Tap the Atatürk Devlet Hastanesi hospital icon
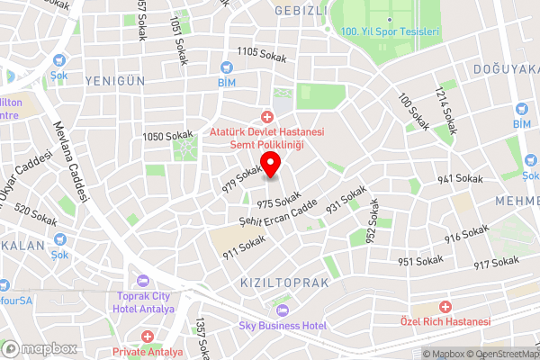[x=266, y=116]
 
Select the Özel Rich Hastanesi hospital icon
[x=445, y=308]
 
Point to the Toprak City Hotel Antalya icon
[x=141, y=280]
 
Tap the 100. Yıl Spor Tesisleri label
[x=390, y=31]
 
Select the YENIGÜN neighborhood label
[x=114, y=81]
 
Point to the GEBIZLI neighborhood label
[x=300, y=10]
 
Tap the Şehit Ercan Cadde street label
[x=279, y=211]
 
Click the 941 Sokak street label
[x=460, y=179]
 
